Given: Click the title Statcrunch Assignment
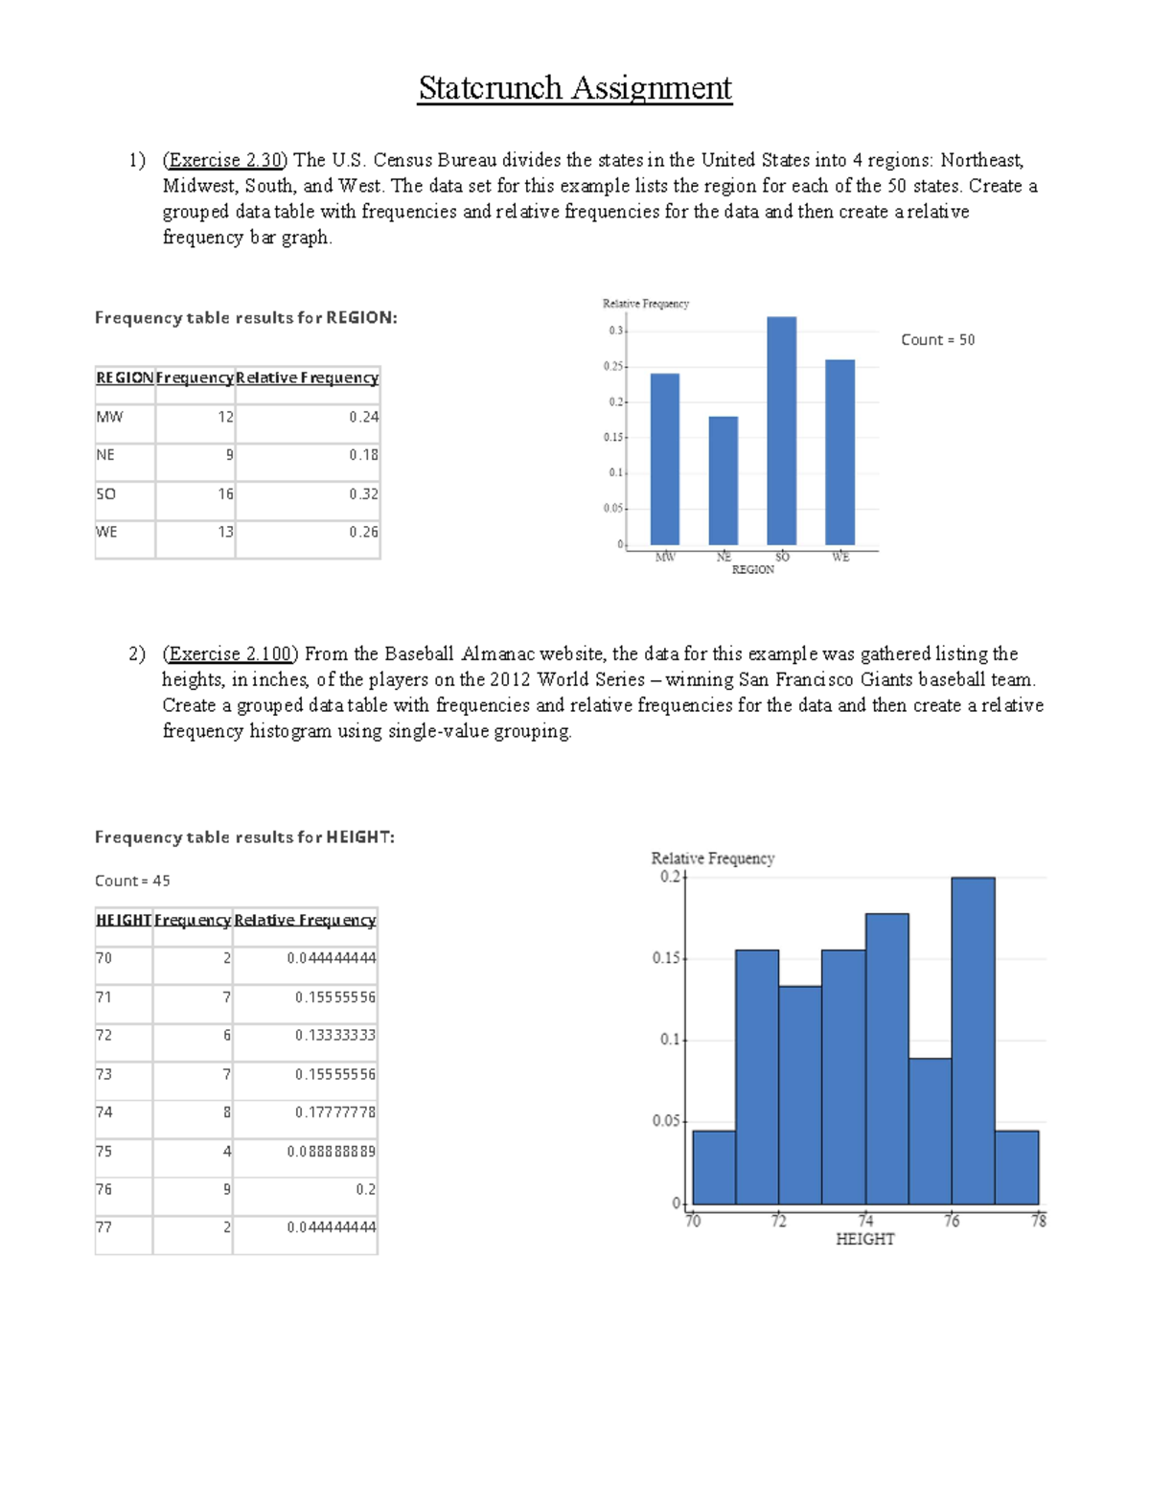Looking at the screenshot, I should (575, 88).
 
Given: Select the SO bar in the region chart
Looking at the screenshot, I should (781, 431).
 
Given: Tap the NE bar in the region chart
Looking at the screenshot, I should (723, 481).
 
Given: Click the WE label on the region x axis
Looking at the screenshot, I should (840, 557).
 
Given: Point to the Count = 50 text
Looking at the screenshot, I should (937, 340).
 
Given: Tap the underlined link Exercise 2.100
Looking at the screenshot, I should (230, 653).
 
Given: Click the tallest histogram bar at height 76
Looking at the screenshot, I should (973, 1041).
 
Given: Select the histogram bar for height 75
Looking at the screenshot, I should (930, 1131).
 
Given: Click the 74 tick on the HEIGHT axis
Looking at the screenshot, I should (865, 1221).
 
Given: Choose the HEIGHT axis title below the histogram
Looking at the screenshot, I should (864, 1239).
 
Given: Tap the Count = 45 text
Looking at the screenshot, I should (132, 881).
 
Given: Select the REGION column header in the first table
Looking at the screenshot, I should (125, 378).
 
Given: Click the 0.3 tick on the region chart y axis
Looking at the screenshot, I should (615, 331).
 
